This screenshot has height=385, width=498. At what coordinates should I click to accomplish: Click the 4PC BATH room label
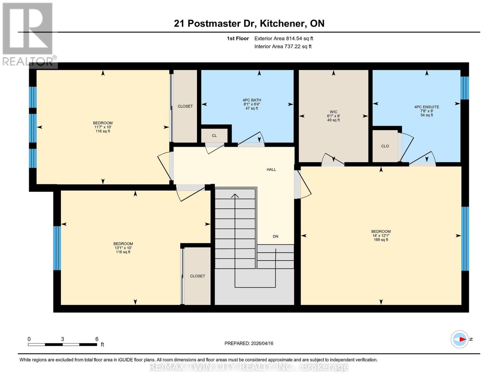[x=252, y=100]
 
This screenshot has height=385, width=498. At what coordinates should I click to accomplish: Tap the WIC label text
[x=333, y=112]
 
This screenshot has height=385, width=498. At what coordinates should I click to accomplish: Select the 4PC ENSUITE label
[x=426, y=107]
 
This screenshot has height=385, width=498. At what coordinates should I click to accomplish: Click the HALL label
[x=271, y=169]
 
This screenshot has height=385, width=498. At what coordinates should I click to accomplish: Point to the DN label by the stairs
[x=275, y=236]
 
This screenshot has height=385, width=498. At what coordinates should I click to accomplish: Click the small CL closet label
[x=214, y=136]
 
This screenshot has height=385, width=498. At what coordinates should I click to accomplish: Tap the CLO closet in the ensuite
[x=385, y=146]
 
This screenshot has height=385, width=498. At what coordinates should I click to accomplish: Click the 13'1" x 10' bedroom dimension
[x=123, y=248]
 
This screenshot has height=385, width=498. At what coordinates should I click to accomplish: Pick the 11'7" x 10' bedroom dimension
[x=103, y=127]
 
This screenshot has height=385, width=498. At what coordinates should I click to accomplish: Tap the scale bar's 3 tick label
[x=63, y=339]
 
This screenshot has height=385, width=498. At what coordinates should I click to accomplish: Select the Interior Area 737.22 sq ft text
[x=283, y=47]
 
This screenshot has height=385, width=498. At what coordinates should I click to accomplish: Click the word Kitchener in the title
[x=282, y=23]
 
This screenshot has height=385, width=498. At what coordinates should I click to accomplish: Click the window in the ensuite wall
[x=464, y=88]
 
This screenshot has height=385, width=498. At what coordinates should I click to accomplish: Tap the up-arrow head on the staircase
[x=235, y=195]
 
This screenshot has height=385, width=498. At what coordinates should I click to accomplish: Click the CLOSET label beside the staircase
[x=197, y=276]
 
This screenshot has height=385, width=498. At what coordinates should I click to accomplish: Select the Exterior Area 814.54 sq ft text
[x=283, y=38]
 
